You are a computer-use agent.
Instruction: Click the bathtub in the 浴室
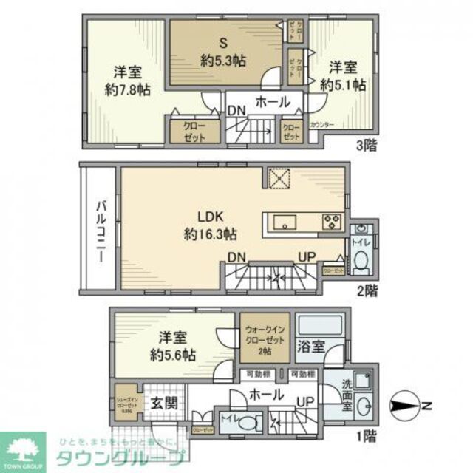[319, 324]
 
